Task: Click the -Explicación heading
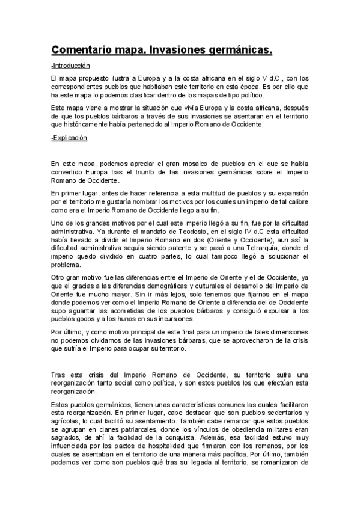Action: coord(69,138)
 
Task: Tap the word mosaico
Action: coord(186,162)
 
